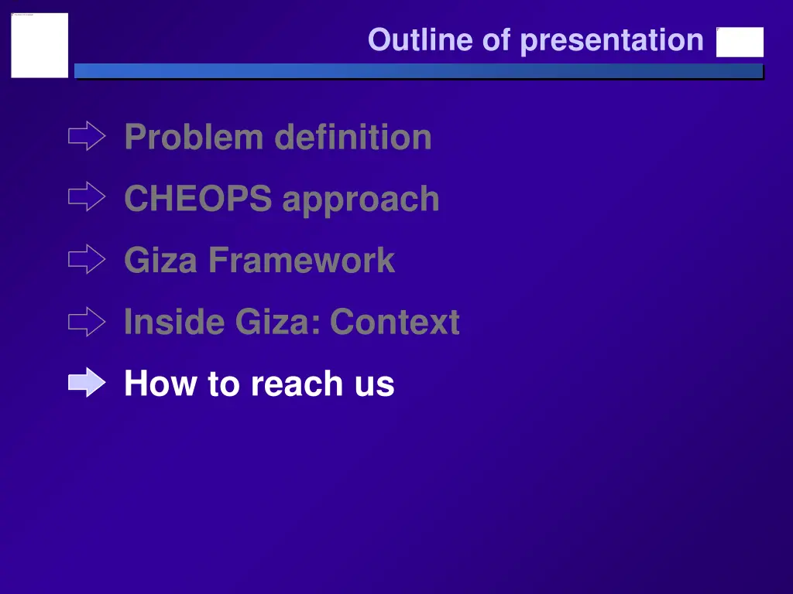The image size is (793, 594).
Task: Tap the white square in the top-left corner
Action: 39,45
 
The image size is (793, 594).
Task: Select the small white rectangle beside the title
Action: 740,43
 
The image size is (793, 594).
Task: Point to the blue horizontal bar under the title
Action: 418,71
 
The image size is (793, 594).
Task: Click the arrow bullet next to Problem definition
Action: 86,137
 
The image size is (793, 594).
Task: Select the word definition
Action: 353,138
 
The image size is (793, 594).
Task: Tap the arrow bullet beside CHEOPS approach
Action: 86,197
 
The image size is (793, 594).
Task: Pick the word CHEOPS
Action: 197,199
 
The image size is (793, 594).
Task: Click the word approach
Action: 361,200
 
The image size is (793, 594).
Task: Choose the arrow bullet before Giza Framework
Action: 86,259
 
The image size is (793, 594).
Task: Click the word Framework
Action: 301,260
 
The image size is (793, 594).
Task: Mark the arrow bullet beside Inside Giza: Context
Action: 86,321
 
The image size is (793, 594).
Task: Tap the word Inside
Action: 169,322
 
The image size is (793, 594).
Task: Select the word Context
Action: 395,322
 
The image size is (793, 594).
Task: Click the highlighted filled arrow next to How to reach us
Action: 86,382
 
